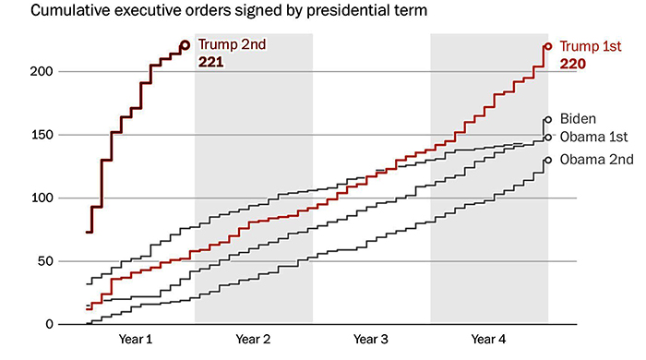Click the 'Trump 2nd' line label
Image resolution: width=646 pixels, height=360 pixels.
[229, 45]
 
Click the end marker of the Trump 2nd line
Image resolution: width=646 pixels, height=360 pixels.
[185, 44]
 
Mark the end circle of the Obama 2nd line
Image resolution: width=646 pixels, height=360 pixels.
[547, 160]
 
